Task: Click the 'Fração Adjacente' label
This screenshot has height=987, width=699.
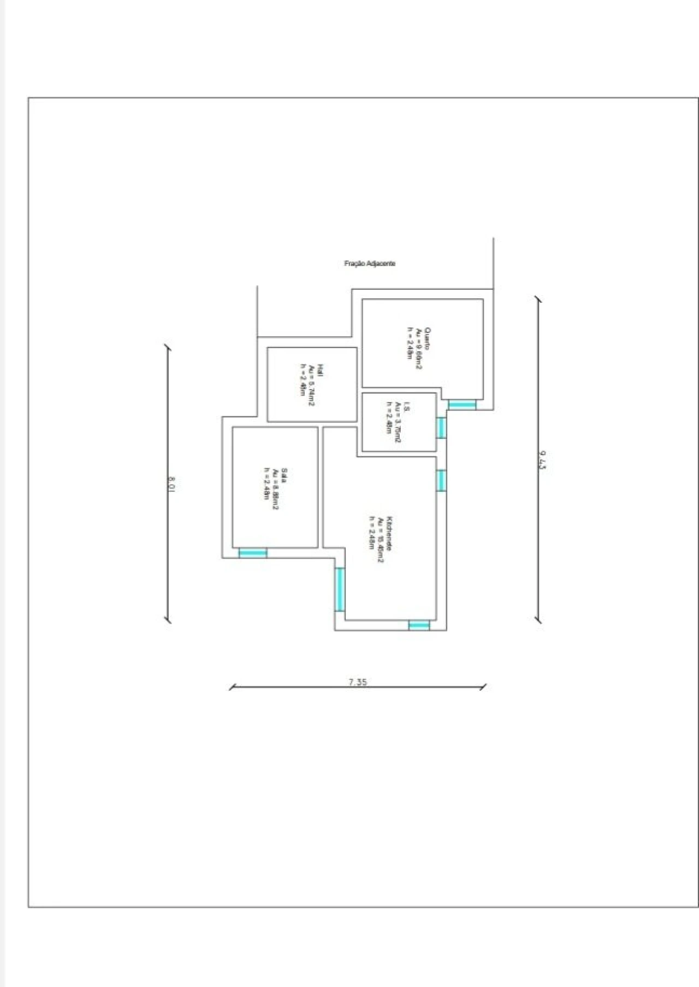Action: coord(370,263)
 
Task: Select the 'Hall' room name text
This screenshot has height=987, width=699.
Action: coord(320,371)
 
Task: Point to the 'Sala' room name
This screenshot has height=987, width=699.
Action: coord(285,475)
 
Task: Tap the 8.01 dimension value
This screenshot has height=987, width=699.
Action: coord(171,483)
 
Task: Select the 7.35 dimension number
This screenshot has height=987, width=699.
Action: coord(358,681)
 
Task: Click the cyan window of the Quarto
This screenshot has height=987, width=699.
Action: coord(462,404)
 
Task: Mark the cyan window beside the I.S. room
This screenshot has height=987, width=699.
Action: coord(441,428)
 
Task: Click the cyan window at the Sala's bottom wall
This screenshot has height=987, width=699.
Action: coord(253,553)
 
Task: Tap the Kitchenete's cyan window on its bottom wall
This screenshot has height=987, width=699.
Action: coord(419,625)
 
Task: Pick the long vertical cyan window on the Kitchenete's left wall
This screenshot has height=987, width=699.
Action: coord(340,590)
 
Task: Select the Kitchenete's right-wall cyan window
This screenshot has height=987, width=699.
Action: coord(441,480)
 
